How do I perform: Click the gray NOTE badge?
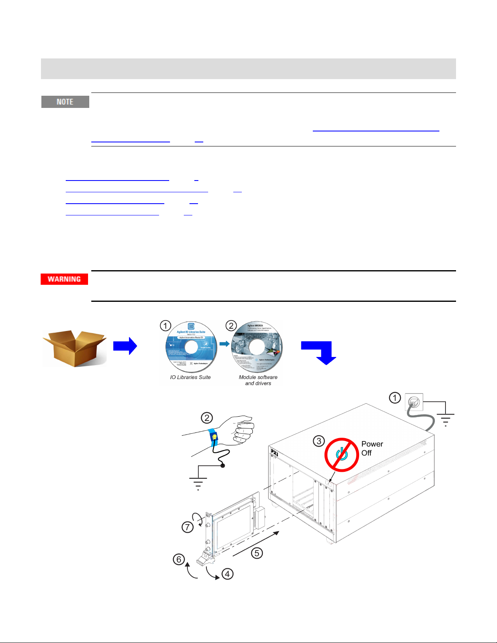(65, 102)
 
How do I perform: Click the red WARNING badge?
(64, 279)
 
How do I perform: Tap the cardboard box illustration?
(75, 348)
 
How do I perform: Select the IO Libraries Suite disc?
(191, 347)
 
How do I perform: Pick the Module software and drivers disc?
(257, 347)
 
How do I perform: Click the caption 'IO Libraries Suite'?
(190, 377)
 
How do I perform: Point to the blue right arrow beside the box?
(125, 346)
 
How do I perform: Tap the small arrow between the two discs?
(224, 344)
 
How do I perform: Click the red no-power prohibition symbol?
(342, 454)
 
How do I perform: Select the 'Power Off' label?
(372, 448)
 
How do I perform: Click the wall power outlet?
(414, 402)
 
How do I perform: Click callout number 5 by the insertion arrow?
(257, 553)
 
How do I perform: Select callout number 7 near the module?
(187, 527)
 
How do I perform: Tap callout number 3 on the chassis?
(319, 441)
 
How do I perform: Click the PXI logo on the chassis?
(274, 452)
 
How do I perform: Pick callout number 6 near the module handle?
(179, 559)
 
